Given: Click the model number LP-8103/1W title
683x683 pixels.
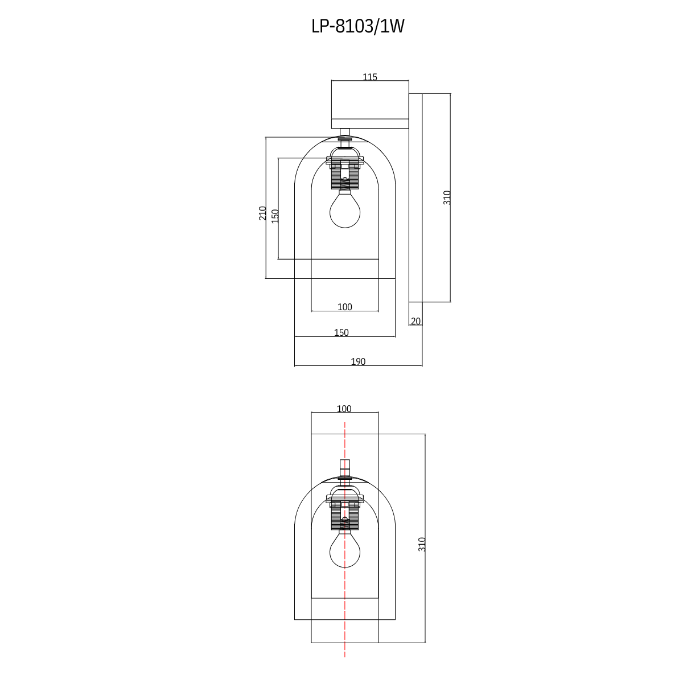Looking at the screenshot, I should pyautogui.click(x=357, y=27).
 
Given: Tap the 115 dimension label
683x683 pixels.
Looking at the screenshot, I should pyautogui.click(x=370, y=77).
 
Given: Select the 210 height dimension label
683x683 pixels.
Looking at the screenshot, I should pyautogui.click(x=263, y=213).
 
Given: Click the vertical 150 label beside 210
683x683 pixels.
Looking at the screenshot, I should pyautogui.click(x=275, y=216).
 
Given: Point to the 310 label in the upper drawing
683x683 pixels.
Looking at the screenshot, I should pyautogui.click(x=447, y=198).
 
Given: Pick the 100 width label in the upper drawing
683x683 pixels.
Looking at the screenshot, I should pyautogui.click(x=345, y=307).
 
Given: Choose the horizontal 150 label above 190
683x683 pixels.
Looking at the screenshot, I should pyautogui.click(x=341, y=333).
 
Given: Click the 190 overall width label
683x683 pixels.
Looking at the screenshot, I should pyautogui.click(x=358, y=362).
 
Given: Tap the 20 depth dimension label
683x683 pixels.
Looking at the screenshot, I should pyautogui.click(x=415, y=322).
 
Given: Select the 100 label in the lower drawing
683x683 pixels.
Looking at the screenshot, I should pyautogui.click(x=344, y=409).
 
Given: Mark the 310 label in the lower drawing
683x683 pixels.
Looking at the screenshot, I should pyautogui.click(x=422, y=544).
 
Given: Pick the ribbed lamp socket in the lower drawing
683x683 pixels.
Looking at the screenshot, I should pyautogui.click(x=345, y=517).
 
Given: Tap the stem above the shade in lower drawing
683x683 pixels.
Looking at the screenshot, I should pyautogui.click(x=345, y=468).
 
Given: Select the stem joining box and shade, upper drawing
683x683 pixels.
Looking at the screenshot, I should pyautogui.click(x=345, y=133).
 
